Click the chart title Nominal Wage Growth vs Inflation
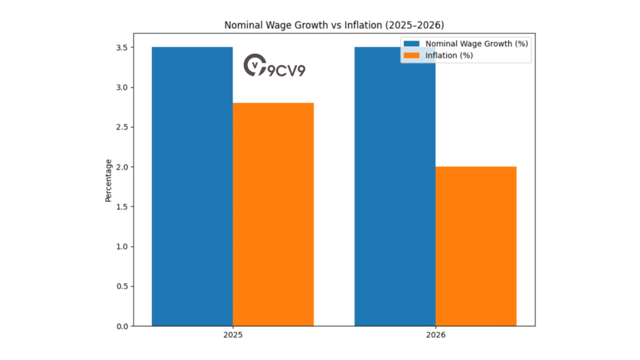pos(334,26)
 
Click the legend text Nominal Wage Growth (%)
pos(477,44)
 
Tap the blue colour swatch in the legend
pos(412,44)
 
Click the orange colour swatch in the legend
pos(412,56)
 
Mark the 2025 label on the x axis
pos(232,336)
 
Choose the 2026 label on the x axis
pos(435,336)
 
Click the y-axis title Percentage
pos(108,180)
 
